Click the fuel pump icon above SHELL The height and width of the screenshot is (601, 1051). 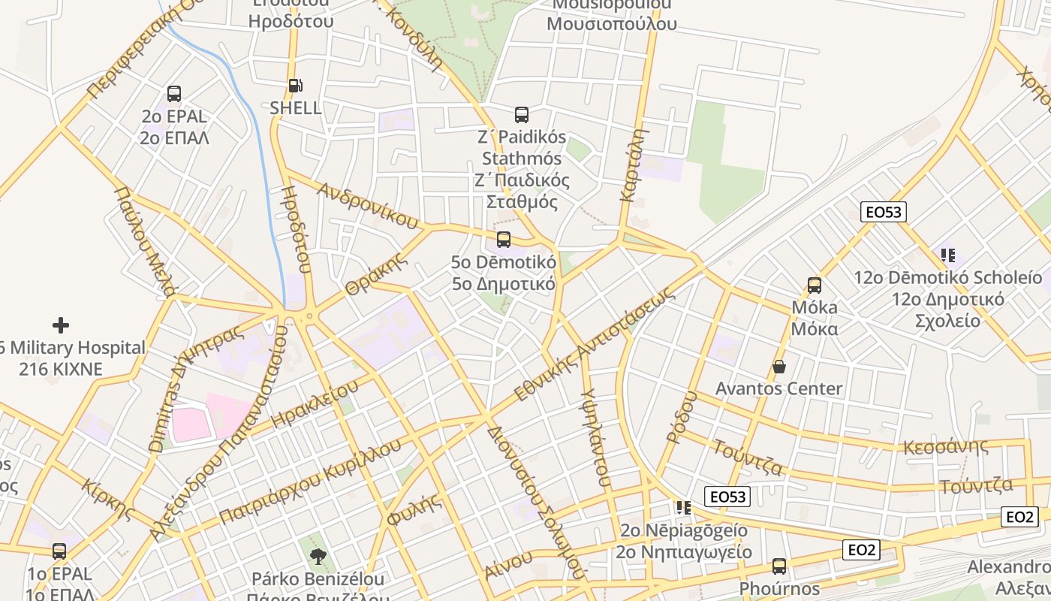(x=296, y=86)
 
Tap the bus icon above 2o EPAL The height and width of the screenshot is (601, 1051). (x=174, y=94)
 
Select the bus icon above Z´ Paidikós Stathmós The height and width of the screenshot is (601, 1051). (x=522, y=115)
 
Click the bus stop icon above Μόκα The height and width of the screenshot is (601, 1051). (x=815, y=285)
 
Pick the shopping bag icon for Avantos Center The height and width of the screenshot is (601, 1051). (x=779, y=367)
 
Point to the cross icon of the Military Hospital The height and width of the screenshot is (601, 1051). (x=61, y=325)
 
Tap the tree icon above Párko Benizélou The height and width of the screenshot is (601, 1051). (x=318, y=557)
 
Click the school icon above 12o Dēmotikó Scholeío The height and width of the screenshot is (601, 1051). (x=947, y=255)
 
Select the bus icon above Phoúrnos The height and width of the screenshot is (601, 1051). (x=779, y=566)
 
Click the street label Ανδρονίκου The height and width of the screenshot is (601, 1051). (x=367, y=205)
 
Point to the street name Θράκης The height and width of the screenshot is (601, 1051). (x=376, y=274)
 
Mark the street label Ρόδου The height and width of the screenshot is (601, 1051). (x=682, y=416)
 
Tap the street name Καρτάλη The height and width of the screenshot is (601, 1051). (x=634, y=165)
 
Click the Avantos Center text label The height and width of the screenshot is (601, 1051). (x=778, y=389)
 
